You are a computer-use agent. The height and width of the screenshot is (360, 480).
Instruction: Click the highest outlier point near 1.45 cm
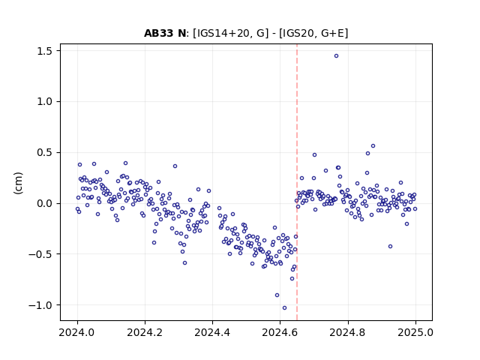click(x=336, y=56)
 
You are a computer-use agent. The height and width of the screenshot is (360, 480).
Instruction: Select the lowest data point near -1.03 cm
click(x=284, y=308)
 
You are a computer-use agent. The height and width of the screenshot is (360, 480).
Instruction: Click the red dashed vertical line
click(x=297, y=182)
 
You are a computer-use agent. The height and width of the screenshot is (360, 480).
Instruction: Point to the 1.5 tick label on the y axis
click(x=44, y=51)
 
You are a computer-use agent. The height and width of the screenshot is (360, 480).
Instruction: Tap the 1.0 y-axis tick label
click(x=44, y=102)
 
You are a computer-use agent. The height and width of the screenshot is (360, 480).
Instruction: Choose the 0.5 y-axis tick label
click(x=44, y=152)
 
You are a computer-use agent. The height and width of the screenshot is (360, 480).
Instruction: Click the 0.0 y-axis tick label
click(x=44, y=203)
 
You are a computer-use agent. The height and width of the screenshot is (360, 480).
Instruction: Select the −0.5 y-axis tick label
click(x=40, y=254)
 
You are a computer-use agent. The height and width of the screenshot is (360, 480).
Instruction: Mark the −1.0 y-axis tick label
click(x=40, y=305)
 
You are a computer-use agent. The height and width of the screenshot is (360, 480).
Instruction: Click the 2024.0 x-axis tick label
click(x=77, y=332)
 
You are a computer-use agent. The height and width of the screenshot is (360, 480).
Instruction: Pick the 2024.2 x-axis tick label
click(x=145, y=332)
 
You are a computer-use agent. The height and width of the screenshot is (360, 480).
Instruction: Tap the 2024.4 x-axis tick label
click(x=212, y=332)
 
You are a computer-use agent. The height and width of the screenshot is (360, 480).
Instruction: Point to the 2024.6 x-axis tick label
click(x=280, y=332)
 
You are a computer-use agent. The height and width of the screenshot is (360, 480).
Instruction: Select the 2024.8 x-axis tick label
click(x=348, y=332)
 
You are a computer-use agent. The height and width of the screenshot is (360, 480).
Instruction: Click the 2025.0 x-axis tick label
click(x=415, y=332)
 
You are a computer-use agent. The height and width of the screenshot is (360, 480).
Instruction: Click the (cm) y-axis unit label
click(x=18, y=183)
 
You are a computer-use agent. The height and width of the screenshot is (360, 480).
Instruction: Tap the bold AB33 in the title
click(x=159, y=33)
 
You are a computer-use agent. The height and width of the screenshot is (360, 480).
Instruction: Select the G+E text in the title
click(x=333, y=33)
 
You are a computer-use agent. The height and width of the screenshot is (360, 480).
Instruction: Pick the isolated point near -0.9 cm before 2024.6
click(x=277, y=295)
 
